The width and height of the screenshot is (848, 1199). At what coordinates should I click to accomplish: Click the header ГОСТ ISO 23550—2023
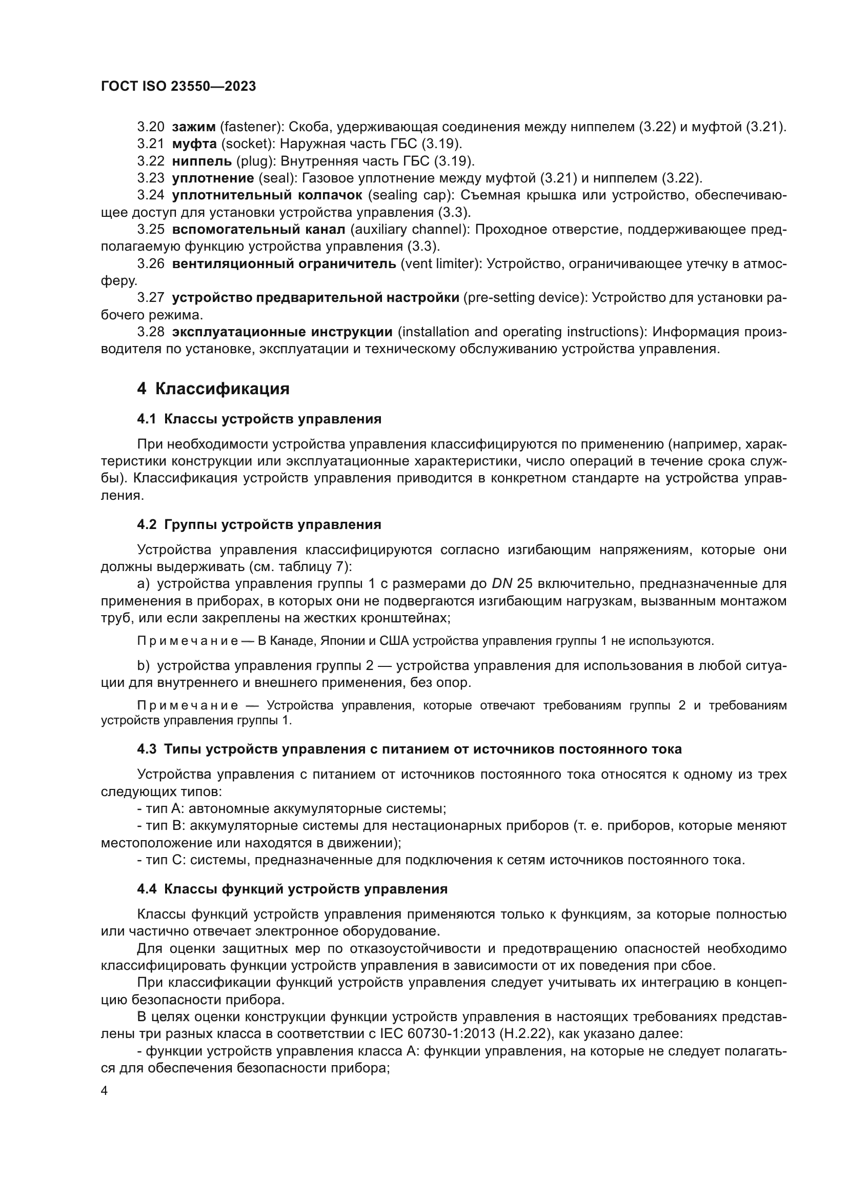click(178, 86)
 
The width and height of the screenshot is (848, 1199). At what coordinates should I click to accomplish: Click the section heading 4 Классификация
click(213, 389)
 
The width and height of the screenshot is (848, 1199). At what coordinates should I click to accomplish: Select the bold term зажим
click(194, 127)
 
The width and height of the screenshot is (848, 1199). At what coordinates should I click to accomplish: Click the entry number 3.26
click(150, 263)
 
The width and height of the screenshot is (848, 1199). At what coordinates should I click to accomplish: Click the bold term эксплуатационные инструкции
click(282, 332)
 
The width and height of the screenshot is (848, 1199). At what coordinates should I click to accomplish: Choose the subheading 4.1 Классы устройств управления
click(259, 419)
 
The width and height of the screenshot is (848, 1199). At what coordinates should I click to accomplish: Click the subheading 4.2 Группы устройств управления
click(259, 524)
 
